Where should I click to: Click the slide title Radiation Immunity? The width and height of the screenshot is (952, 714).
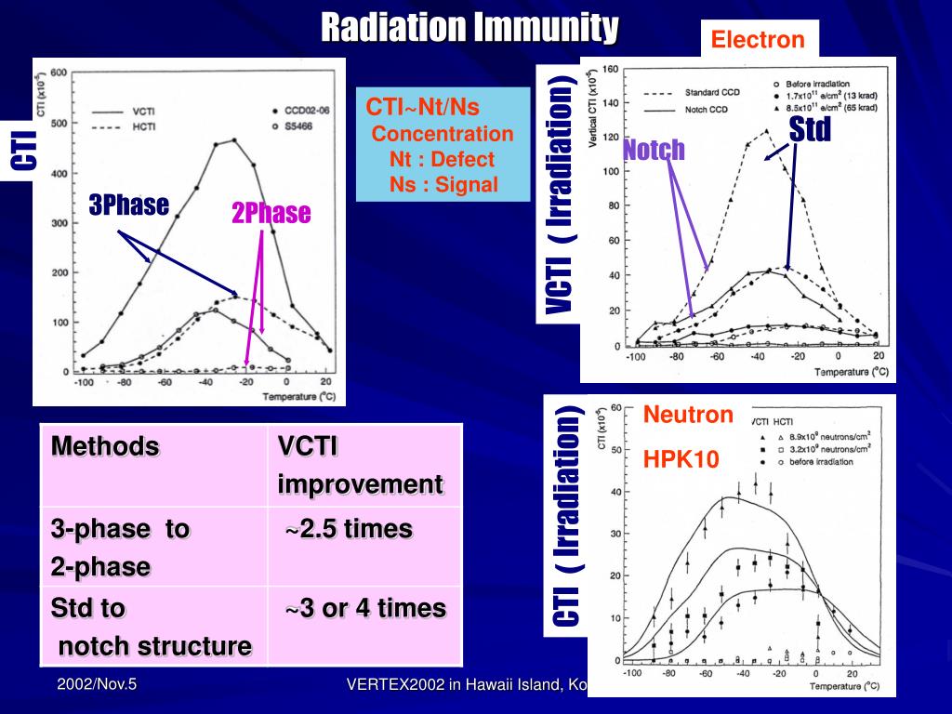pyautogui.click(x=469, y=27)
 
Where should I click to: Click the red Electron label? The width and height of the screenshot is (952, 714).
pyautogui.click(x=757, y=39)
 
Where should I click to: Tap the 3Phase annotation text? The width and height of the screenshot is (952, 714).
pyautogui.click(x=128, y=205)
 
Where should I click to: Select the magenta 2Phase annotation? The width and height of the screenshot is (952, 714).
pyautogui.click(x=271, y=213)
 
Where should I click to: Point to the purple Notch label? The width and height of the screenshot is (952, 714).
pyautogui.click(x=654, y=149)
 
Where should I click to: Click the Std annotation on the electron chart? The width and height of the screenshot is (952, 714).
pyautogui.click(x=809, y=130)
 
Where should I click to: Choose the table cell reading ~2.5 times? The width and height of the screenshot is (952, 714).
pyautogui.click(x=348, y=529)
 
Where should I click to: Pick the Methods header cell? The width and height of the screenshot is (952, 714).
pyautogui.click(x=105, y=446)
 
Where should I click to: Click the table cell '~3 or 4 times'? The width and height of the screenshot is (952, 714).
pyautogui.click(x=364, y=608)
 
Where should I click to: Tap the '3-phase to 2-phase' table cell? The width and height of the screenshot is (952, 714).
pyautogui.click(x=120, y=548)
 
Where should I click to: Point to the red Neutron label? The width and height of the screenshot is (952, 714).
pyautogui.click(x=689, y=415)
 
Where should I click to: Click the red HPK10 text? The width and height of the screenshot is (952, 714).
pyautogui.click(x=681, y=458)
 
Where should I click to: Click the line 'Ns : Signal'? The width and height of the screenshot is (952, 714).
pyautogui.click(x=443, y=184)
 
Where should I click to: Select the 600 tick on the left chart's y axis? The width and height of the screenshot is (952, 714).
pyautogui.click(x=58, y=73)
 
